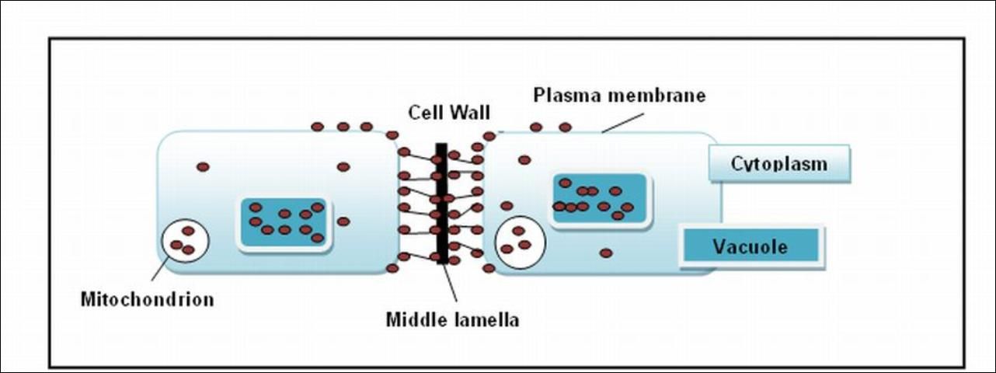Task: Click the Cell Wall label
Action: coord(449,113)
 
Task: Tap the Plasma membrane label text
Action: coord(619,96)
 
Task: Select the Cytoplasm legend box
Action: coord(779,165)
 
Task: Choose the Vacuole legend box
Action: coord(750,247)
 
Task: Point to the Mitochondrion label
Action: coord(147,299)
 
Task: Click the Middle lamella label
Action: coord(453,319)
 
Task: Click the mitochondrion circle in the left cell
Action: coord(185,242)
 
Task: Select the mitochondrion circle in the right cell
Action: coord(520,242)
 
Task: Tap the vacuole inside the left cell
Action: coord(285,223)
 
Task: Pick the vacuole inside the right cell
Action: coord(599,200)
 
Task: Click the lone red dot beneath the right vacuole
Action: coord(606,253)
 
